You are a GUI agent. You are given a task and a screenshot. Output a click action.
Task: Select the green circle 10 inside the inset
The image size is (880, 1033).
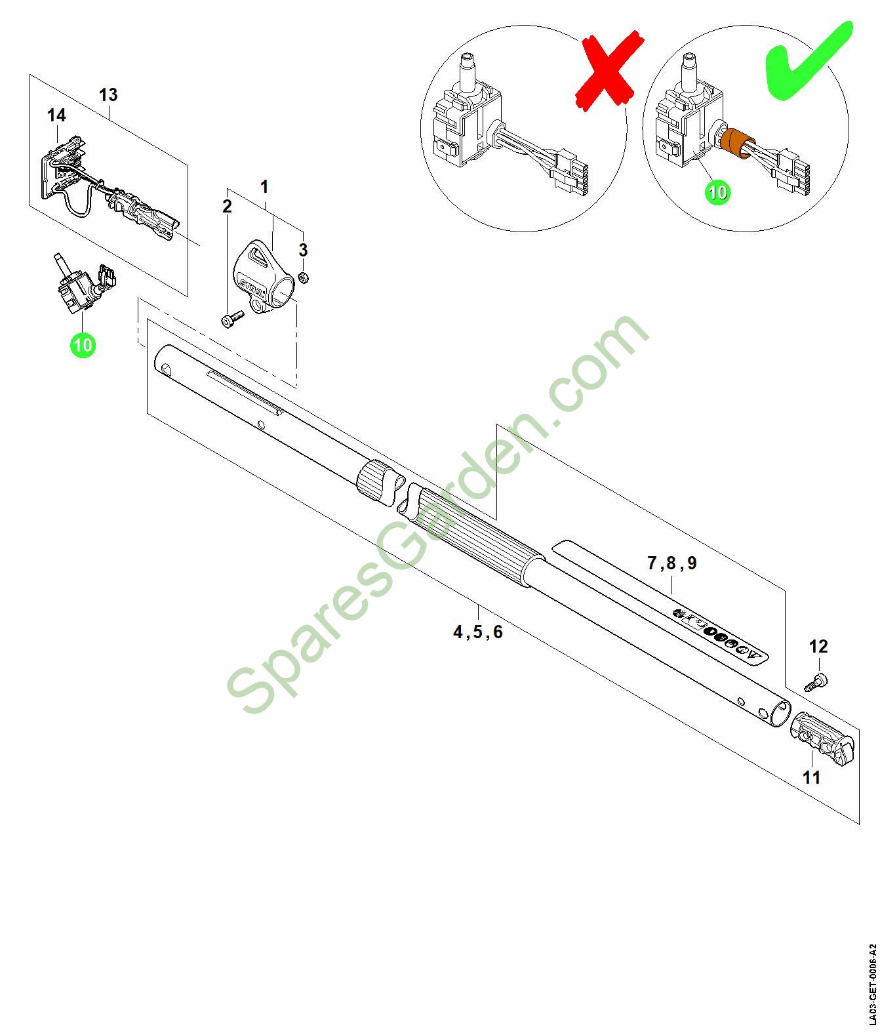(717, 192)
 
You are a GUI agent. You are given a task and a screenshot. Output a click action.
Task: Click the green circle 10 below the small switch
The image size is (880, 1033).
(83, 345)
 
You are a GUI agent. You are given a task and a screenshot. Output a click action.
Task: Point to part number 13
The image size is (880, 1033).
(108, 95)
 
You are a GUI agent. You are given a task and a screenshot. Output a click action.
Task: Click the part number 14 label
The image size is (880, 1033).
(56, 115)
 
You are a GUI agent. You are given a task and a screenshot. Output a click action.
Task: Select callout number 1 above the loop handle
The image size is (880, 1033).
(264, 187)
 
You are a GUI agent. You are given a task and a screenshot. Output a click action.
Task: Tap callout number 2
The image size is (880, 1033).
(227, 206)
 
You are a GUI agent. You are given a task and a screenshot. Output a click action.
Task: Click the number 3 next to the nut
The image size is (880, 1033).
(304, 250)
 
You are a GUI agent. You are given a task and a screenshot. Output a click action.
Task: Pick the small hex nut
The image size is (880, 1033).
(303, 276)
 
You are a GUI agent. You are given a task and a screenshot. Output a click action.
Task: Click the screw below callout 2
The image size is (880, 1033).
(232, 319)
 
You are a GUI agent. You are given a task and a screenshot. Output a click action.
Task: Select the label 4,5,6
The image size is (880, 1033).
(477, 632)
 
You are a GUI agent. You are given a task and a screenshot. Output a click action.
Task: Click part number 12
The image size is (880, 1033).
(818, 647)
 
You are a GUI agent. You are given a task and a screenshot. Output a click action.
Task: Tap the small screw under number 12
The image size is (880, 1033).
(816, 681)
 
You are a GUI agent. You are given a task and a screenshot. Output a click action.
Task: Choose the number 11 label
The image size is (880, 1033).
(811, 777)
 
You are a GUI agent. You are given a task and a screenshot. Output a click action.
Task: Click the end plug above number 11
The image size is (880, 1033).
(822, 740)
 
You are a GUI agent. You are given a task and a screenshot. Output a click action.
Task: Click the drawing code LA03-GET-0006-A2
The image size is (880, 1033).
(873, 984)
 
